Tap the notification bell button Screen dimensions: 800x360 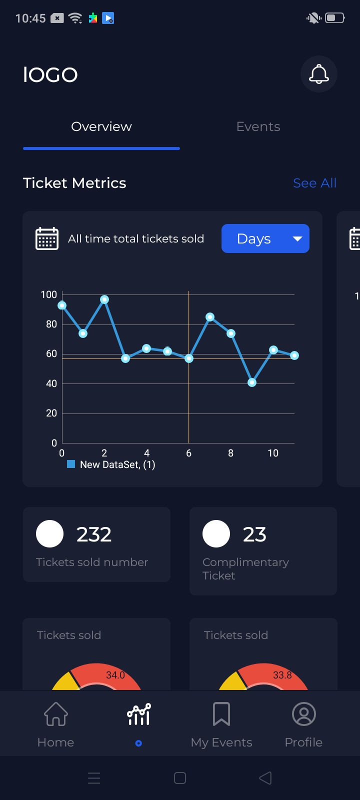click(319, 74)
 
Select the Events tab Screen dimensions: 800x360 click(258, 127)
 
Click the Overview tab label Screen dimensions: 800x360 click(101, 127)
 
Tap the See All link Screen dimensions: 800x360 click(314, 183)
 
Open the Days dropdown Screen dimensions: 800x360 click(265, 239)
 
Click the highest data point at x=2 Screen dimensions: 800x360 click(104, 299)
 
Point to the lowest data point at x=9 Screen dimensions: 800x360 click(252, 382)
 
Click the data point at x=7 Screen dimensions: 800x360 click(210, 317)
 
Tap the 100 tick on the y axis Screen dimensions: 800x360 click(49, 295)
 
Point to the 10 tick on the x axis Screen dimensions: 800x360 click(273, 453)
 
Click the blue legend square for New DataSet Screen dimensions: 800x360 click(71, 464)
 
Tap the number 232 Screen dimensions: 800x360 click(94, 534)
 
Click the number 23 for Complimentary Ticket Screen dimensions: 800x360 click(254, 534)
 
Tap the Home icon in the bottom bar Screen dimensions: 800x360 click(56, 714)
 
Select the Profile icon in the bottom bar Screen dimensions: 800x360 click(303, 714)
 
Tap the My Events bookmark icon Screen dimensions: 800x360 click(221, 714)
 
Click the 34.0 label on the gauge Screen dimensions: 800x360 click(115, 675)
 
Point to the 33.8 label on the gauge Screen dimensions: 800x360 click(282, 675)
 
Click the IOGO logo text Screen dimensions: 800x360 click(50, 75)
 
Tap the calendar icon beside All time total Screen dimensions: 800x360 click(47, 238)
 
